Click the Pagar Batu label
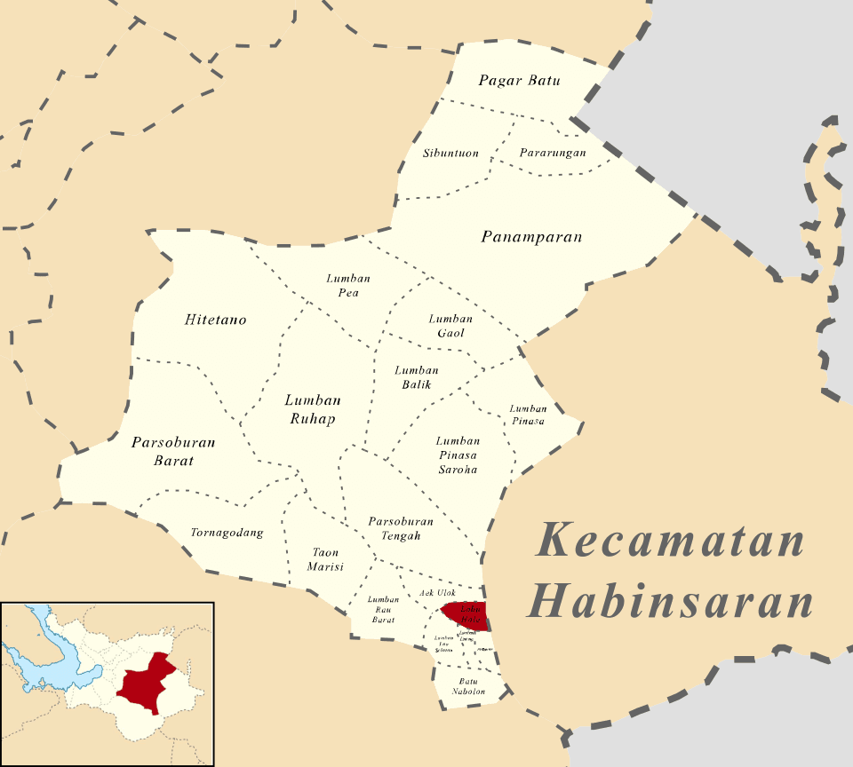(519, 81)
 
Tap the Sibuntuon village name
(450, 154)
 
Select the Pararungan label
(553, 153)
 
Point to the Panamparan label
(531, 237)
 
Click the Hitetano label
(216, 320)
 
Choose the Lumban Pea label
(348, 285)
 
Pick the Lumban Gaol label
(450, 326)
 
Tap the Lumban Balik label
(417, 377)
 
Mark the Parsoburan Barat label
(173, 451)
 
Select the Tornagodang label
(227, 534)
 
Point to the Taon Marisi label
(325, 559)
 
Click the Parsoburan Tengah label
(401, 528)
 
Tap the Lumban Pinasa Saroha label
(458, 455)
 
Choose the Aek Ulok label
(437, 592)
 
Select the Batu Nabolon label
(468, 685)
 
